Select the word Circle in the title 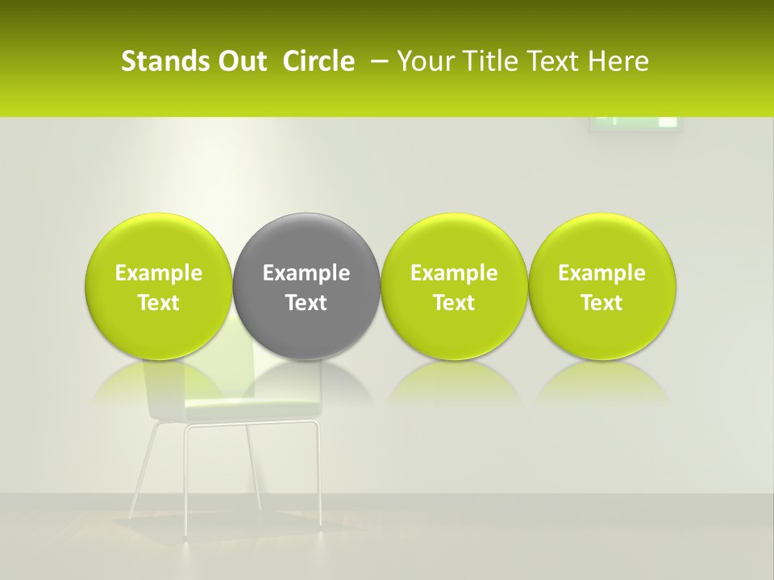coord(318,61)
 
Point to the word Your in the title coord(426,61)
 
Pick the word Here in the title coord(620,61)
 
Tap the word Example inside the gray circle coord(306,273)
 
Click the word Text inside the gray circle coord(306,303)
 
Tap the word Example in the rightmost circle coord(602,273)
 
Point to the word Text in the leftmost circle coord(159,303)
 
